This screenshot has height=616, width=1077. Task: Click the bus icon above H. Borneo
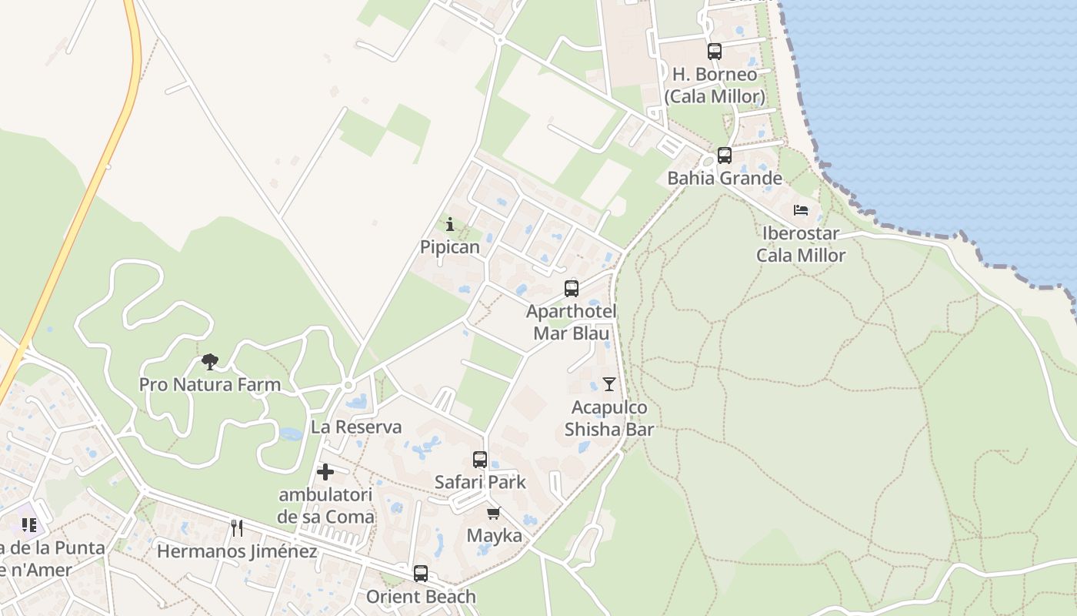(715, 52)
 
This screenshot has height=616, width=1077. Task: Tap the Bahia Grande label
(724, 179)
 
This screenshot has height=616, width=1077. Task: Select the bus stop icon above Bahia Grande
(724, 156)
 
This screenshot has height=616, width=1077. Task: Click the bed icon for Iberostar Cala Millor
(801, 209)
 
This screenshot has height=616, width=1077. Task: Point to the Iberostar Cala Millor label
(801, 244)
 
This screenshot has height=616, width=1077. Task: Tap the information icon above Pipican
(450, 224)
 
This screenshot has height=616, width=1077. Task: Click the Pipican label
(450, 247)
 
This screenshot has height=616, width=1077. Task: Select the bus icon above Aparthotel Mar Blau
(571, 289)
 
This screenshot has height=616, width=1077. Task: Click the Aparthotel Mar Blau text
(571, 322)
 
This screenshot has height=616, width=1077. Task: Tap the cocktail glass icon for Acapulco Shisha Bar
(609, 383)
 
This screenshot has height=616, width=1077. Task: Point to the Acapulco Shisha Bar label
(609, 418)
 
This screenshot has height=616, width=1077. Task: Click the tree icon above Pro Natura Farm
(209, 361)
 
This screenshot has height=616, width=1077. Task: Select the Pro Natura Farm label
(209, 384)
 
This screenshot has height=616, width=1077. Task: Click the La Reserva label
(356, 427)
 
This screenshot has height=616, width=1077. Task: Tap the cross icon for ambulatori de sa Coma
(325, 471)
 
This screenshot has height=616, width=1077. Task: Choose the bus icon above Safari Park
(480, 460)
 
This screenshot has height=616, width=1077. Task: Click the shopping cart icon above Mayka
(493, 513)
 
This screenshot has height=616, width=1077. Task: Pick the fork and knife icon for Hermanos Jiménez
(237, 527)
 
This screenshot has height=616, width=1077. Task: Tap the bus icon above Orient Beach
(420, 574)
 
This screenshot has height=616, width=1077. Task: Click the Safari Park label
(480, 483)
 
